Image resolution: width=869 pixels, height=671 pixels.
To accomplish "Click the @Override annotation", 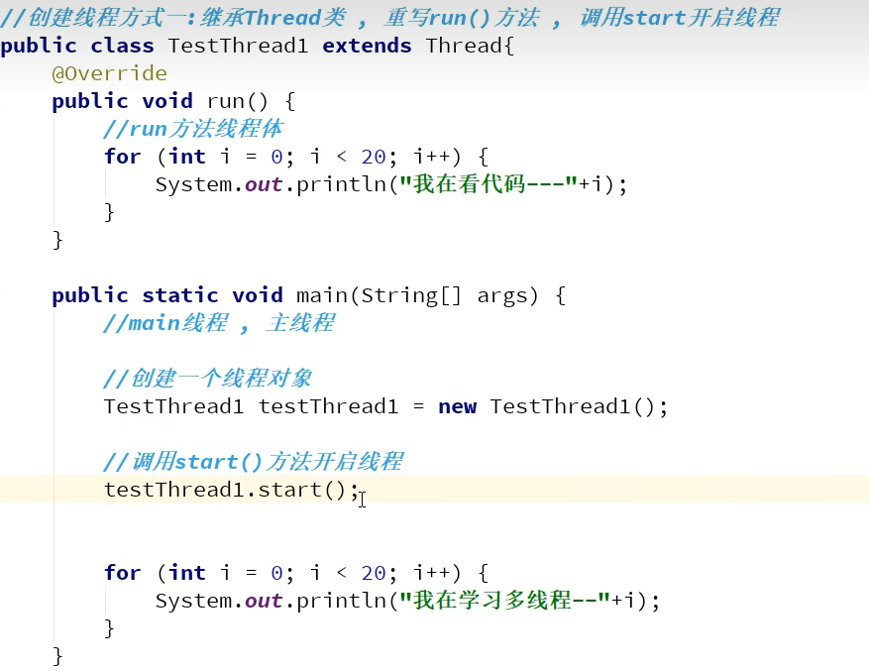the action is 109,73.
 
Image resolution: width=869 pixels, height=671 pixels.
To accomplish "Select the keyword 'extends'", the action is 367,46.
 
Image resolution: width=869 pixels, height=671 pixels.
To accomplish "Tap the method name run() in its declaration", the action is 237,101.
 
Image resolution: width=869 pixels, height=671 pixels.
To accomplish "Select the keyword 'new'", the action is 457,406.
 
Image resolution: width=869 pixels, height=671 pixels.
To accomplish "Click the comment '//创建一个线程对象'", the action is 208,379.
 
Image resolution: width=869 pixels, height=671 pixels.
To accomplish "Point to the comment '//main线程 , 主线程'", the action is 219,323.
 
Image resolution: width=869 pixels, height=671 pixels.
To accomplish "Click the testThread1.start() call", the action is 231,490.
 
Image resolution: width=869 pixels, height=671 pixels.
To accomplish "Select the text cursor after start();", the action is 363,499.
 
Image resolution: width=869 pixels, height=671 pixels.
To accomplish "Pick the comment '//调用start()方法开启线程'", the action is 253,462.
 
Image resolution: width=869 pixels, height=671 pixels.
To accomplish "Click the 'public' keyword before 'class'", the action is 40,46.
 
